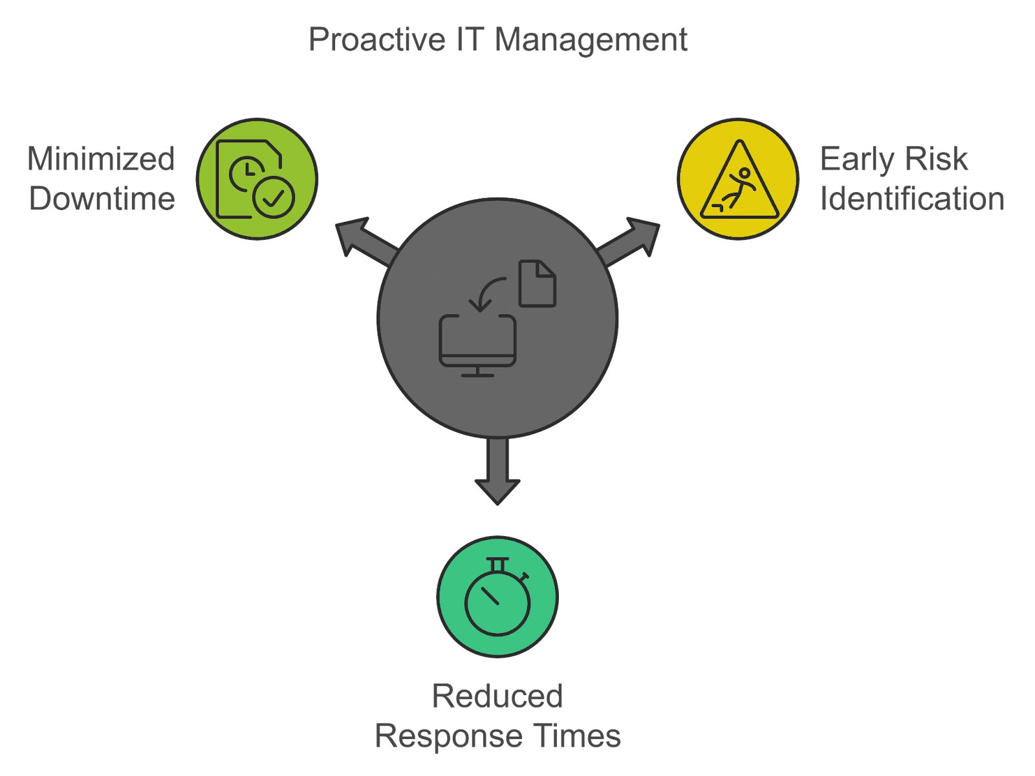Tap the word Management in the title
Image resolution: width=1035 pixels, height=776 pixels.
coord(589,40)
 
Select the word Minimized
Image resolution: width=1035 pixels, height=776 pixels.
coord(101,158)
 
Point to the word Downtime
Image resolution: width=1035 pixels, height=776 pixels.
coord(101,198)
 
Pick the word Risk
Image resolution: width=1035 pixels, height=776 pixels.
coord(942,159)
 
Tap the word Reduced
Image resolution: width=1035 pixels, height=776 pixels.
coord(497,697)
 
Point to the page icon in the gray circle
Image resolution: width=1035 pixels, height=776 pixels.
coord(538,283)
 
